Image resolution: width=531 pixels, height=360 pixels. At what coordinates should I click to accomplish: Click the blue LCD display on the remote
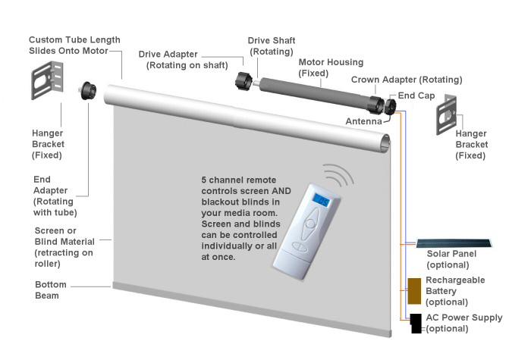tap(321, 201)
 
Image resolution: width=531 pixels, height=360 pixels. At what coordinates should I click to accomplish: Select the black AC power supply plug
tap(416, 324)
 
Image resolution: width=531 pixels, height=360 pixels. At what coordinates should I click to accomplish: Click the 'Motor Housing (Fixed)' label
tap(331, 67)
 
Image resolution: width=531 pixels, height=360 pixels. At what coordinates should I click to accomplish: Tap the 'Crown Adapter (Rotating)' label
tap(407, 80)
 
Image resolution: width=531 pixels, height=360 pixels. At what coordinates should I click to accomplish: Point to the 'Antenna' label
tap(363, 121)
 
